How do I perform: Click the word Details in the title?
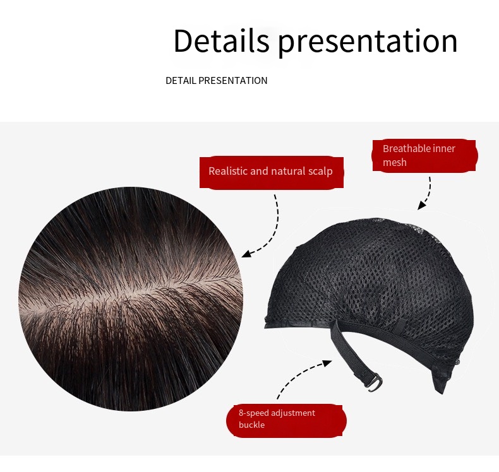pos(221,41)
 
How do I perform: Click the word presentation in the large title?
pos(368,42)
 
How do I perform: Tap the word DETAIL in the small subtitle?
pos(181,81)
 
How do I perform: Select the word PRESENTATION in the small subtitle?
pos(233,81)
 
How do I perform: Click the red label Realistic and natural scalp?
pos(271,172)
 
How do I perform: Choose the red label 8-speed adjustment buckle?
pos(286,419)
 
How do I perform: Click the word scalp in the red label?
pos(320,172)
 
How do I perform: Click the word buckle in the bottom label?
pos(251,425)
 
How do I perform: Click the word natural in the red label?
pos(288,172)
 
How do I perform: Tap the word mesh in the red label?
pos(395,163)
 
